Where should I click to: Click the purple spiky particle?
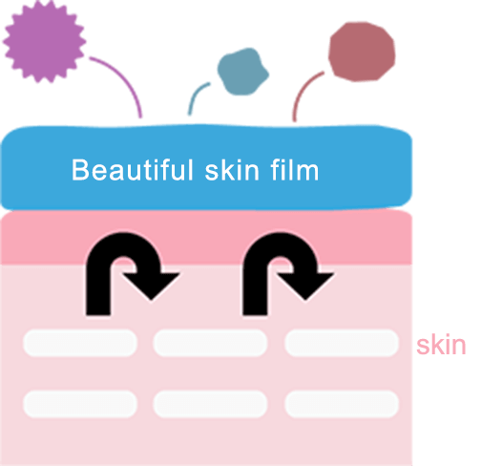coord(44,41)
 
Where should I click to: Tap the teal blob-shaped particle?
coord(243,72)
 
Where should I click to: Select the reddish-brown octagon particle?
coord(362,52)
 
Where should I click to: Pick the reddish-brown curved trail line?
coord(302,90)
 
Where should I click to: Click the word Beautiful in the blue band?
coord(133,170)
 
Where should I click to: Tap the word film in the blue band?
coord(295,170)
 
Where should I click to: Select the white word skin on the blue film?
coord(232,170)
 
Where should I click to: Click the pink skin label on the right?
coord(441,345)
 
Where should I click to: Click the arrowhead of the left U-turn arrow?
coord(152,285)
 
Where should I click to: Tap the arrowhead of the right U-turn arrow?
coord(306,285)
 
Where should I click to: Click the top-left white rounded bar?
coord(80,343)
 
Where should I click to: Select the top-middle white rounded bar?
coord(210,343)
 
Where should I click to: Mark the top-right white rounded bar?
coord(342,343)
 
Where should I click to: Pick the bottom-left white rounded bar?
coord(80,404)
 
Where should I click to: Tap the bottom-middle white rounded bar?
coord(210,404)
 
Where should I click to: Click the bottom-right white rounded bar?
coord(342,404)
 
